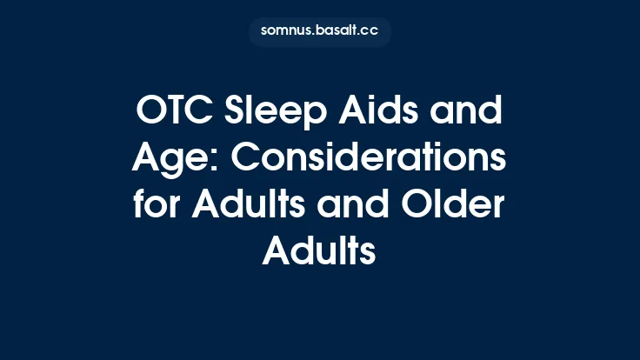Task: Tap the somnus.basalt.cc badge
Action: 319,32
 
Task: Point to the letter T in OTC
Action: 177,113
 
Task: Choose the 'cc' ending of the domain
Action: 370,32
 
